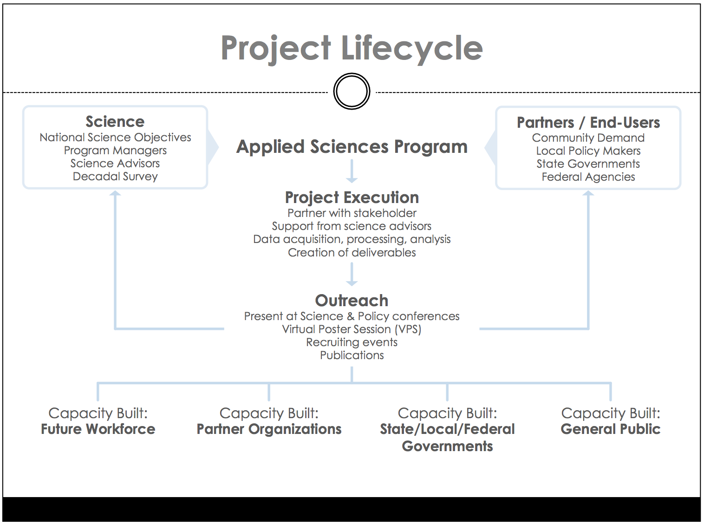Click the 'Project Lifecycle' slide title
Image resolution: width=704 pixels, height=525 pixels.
pos(352,49)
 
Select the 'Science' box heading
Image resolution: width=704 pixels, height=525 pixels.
pos(115,122)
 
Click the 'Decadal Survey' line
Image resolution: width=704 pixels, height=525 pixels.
pos(115,177)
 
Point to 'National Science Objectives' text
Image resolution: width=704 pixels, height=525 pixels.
pos(115,138)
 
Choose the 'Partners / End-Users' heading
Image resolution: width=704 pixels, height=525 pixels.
pos(588,122)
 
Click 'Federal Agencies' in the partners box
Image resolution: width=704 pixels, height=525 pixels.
pos(588,177)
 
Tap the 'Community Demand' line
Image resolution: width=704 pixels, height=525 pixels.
pos(588,138)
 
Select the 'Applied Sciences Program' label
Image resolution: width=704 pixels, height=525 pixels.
pos(352,147)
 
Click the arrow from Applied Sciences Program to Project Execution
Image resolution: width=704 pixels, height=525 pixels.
pos(352,171)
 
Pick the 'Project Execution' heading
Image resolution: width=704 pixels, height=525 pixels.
pos(352,197)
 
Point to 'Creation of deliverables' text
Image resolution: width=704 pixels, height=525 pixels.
pos(352,253)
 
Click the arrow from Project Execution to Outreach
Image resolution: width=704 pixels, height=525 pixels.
pos(352,275)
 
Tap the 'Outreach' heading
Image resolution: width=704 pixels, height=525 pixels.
pos(352,301)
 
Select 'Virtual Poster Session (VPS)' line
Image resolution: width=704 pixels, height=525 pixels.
pos(352,329)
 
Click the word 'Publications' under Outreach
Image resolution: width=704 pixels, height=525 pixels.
pos(352,355)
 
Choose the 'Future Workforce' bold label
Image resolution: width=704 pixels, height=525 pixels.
pos(98,429)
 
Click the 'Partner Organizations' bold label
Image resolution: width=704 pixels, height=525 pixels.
pos(269,429)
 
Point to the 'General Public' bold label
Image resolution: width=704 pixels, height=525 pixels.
pos(610,429)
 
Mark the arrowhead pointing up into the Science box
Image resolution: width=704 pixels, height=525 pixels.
pos(115,193)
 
